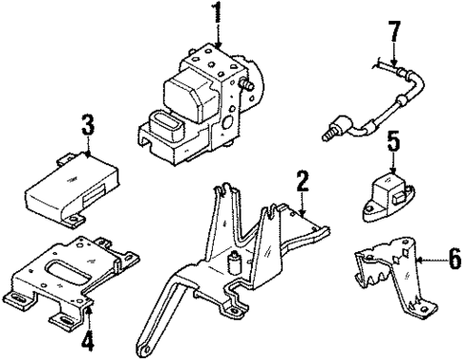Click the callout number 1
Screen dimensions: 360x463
click(216, 15)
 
